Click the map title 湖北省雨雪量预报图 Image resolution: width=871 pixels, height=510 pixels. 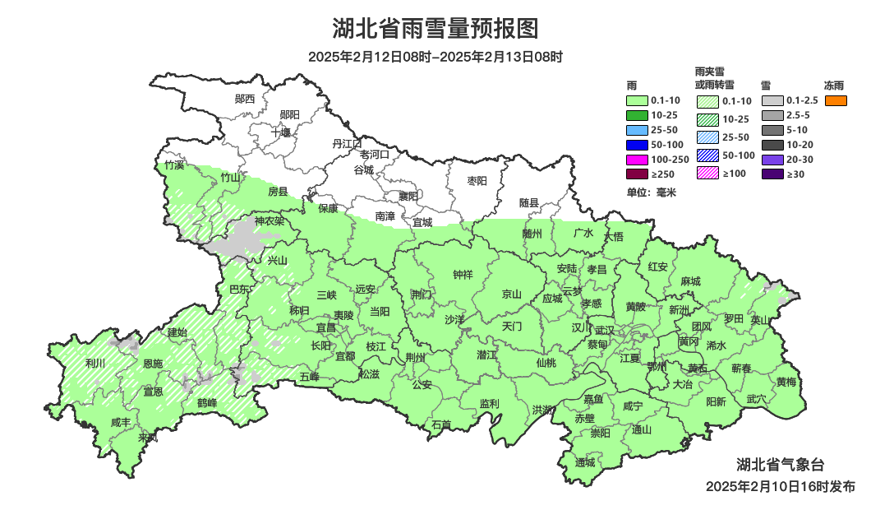coord(435,29)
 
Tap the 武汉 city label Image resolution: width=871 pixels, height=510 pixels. coord(604,330)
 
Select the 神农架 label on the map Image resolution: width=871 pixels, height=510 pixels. coord(269,220)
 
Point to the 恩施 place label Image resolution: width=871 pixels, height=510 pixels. coord(153,363)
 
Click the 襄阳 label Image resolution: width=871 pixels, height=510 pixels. coord(408,196)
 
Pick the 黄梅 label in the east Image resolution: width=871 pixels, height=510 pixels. coord(786,382)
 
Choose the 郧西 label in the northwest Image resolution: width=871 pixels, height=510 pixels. coord(245,99)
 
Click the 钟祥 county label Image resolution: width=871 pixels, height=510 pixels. coord(463,275)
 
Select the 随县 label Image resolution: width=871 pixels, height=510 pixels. coord(529,202)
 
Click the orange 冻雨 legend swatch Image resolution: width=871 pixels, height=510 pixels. coord(836,100)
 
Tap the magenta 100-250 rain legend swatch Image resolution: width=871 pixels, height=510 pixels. coord(637,160)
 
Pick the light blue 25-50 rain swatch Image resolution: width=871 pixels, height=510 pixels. coord(637,130)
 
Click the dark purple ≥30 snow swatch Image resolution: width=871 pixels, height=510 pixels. coord(772,174)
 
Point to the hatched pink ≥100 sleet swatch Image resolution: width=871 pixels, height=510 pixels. coord(707,173)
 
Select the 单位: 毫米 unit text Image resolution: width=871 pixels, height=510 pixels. coord(651,192)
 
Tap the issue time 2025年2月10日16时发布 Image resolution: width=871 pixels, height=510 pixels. coord(780,486)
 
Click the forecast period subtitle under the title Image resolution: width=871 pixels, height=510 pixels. coord(435,57)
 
